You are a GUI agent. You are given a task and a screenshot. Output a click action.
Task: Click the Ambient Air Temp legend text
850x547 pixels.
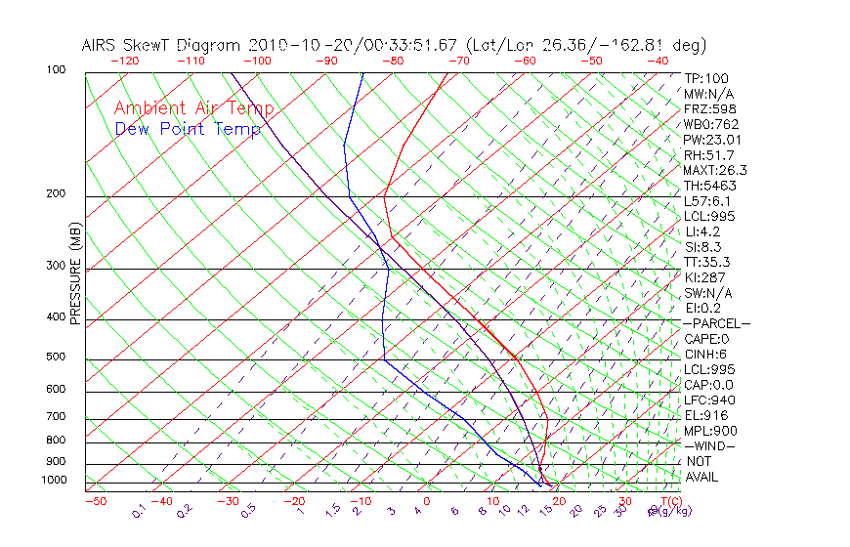(x=193, y=108)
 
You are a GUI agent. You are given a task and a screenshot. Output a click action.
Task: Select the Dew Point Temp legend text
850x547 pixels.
(x=188, y=129)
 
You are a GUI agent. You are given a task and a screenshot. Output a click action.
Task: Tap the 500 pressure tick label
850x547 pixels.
(x=56, y=358)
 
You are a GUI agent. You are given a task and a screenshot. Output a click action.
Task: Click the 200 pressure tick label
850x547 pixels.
(x=56, y=194)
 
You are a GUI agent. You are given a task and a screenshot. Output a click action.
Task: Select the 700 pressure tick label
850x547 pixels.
(x=56, y=418)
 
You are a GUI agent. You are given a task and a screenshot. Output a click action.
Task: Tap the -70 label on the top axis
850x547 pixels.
(x=457, y=61)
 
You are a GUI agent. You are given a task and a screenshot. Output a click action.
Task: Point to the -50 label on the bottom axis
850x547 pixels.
(x=95, y=501)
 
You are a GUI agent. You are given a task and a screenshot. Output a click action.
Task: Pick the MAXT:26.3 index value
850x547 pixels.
(x=715, y=170)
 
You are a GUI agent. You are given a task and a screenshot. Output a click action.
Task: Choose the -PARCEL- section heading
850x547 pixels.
(x=716, y=323)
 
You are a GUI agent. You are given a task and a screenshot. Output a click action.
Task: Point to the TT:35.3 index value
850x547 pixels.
(x=706, y=262)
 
